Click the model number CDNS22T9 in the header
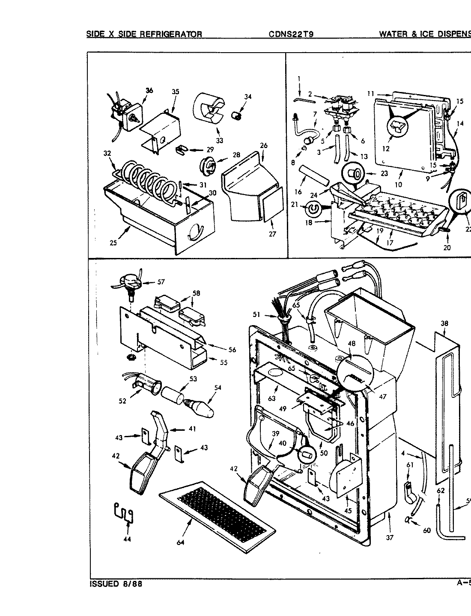coord(291,34)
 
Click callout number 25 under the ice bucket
coord(113,243)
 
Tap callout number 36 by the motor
coord(149,90)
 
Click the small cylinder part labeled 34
coord(235,114)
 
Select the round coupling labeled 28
coord(207,165)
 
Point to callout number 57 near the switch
coord(161,282)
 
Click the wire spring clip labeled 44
coord(123,513)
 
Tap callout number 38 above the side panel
coord(444,323)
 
